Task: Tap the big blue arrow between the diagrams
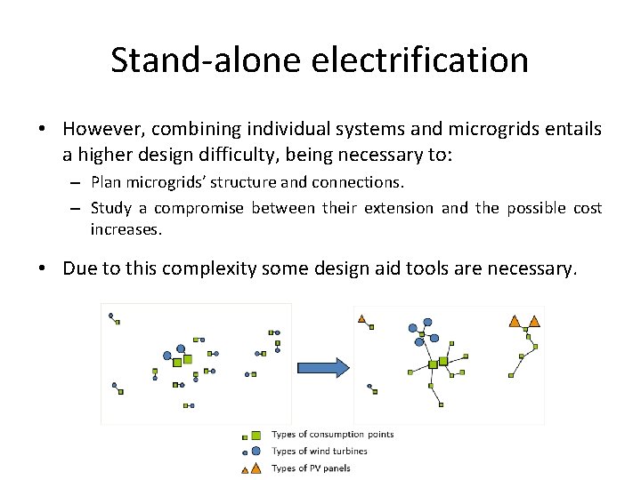pos(321,366)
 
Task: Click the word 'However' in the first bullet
pos(100,130)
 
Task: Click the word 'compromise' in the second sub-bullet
pos(201,208)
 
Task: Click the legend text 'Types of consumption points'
pos(332,435)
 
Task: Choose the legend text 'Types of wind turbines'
pos(319,451)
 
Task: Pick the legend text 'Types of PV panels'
pos(311,468)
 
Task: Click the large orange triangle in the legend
pos(256,468)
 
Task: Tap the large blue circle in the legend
pos(256,451)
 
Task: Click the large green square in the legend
pos(256,436)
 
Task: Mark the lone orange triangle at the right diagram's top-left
pos(361,318)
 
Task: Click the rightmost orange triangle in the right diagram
pos(534,321)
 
